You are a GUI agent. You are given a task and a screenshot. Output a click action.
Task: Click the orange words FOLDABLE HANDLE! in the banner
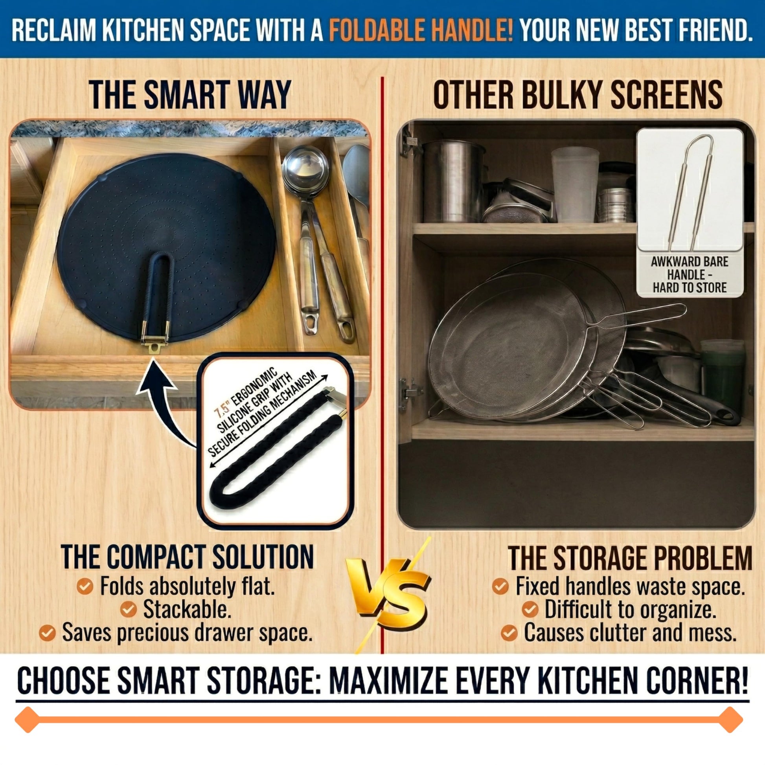[x=421, y=30]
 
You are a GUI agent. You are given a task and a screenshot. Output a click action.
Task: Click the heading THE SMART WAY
[x=190, y=95]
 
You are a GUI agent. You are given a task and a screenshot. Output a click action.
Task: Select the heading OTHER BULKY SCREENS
[x=579, y=95]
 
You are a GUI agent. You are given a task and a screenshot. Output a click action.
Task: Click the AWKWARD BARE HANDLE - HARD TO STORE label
[x=690, y=274]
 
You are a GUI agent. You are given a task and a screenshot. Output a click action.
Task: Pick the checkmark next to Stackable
[x=128, y=609]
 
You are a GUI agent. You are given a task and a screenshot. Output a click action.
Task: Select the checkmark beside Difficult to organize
[x=530, y=609]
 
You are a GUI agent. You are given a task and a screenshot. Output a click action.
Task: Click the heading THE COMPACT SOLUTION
[x=187, y=557]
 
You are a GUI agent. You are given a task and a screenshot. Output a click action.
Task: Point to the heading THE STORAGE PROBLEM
[x=630, y=557]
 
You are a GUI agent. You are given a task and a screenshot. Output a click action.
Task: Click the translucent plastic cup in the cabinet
[x=575, y=185]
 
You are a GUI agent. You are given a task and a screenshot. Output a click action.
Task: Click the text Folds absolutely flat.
[x=187, y=587]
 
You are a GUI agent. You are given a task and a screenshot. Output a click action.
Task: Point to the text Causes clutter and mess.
[x=630, y=633]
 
